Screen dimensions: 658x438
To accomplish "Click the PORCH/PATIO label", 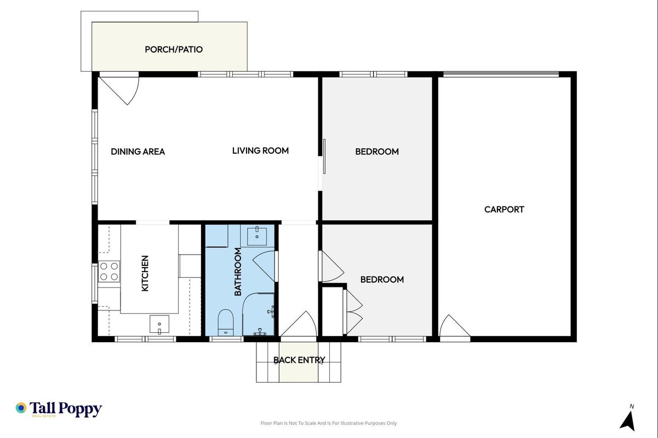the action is pos(174,49).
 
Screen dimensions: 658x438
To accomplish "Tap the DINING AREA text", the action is pos(138,152).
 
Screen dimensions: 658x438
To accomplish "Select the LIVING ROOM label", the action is pos(260,151).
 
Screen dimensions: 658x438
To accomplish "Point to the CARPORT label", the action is pos(504,209).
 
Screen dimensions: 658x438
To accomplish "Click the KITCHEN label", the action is pos(145,273).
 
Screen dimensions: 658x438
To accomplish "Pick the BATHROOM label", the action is pos(238,272).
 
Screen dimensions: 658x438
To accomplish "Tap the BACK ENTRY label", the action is pos(299,360).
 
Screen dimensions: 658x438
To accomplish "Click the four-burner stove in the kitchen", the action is pos(109,272).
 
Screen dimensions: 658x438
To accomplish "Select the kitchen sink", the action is pos(159,324).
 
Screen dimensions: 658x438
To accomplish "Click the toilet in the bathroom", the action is pos(226,322).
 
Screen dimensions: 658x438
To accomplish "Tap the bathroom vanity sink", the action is pos(257,237).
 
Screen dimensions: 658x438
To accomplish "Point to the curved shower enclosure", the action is pos(258,314).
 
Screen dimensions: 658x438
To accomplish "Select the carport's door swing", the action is pos(454,326).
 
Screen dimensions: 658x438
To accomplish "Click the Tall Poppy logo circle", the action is pos(21,408).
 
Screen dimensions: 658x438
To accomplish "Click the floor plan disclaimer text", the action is pos(329,423).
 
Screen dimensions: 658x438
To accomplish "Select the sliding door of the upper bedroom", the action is pos(324,156).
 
